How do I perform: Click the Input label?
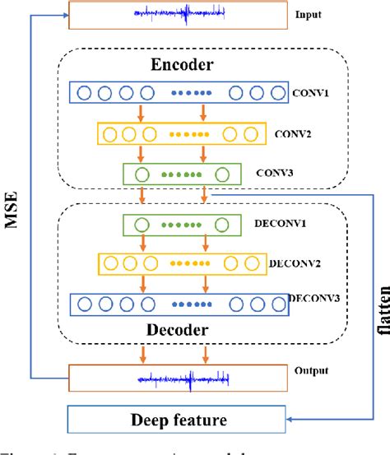[309, 14]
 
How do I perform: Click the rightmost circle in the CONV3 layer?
[222, 174]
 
